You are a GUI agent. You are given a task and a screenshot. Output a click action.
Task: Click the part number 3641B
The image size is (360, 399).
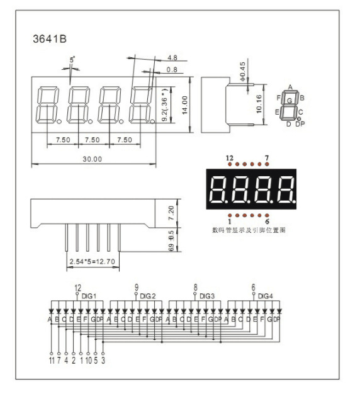pyautogui.click(x=49, y=38)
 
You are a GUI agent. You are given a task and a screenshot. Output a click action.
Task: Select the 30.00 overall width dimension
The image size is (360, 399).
pyautogui.click(x=93, y=159)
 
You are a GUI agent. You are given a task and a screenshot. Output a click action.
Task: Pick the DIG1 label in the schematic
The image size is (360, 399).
pyautogui.click(x=89, y=296)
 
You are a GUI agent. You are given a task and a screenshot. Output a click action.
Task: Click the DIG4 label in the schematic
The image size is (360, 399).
pyautogui.click(x=266, y=296)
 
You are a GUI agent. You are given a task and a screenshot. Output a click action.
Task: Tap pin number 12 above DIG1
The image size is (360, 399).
pyautogui.click(x=78, y=288)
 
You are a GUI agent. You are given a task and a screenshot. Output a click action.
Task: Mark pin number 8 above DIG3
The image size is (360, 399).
pyautogui.click(x=195, y=288)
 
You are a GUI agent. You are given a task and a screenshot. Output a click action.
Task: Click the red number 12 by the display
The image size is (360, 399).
pyautogui.click(x=229, y=157)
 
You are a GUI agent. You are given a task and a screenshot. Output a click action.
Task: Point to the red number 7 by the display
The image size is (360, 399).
pyautogui.click(x=267, y=157)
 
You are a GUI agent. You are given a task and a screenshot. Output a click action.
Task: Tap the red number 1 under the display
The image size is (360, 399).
pyautogui.click(x=230, y=222)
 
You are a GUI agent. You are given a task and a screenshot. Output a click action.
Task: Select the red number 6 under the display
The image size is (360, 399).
pyautogui.click(x=267, y=222)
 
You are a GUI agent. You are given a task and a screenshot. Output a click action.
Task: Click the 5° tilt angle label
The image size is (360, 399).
pyautogui.click(x=72, y=59)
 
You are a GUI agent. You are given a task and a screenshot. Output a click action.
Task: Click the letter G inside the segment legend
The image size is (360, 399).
pyautogui.click(x=290, y=101)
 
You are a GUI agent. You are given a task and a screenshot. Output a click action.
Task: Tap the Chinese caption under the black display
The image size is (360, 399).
pyautogui.click(x=249, y=231)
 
